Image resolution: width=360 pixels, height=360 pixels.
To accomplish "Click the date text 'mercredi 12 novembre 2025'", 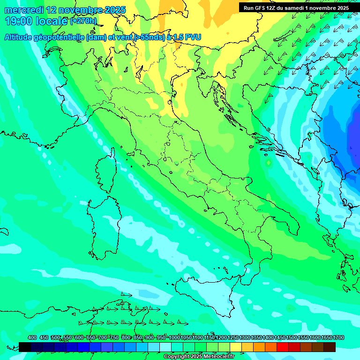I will (x=65, y=10).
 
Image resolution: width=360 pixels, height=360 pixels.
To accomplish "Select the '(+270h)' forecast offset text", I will (x=83, y=21).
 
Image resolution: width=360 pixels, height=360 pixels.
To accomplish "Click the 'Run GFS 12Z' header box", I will (x=296, y=8).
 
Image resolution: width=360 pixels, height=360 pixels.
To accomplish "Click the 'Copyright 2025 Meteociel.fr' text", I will (x=199, y=357).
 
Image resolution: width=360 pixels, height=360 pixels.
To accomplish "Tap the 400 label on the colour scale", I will (x=32, y=338).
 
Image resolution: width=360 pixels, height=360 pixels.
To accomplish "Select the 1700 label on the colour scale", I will (x=338, y=338).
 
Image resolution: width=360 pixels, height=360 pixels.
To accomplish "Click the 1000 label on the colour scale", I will (x=174, y=338).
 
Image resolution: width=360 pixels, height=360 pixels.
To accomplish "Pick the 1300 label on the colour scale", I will (x=245, y=338).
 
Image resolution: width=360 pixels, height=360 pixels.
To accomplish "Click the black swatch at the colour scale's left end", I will (x=25, y=347).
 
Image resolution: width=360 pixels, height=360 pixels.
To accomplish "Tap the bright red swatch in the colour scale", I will (x=282, y=347).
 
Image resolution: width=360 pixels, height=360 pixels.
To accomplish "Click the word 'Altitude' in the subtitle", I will (x=21, y=37).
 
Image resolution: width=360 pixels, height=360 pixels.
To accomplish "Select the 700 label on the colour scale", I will (x=103, y=338).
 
